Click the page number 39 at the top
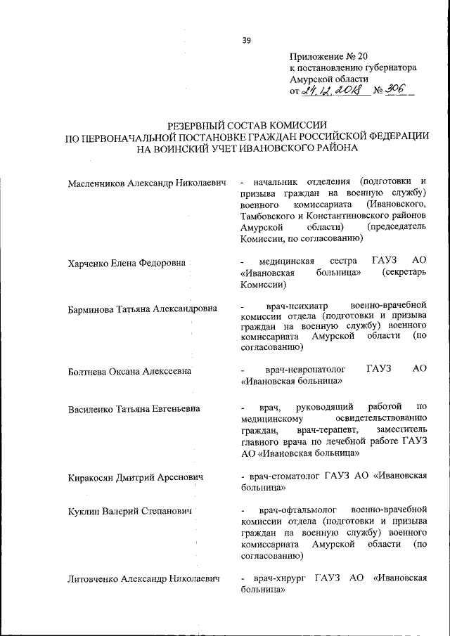click(x=247, y=40)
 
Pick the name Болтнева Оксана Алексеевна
click(x=129, y=370)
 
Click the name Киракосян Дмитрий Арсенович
click(x=135, y=477)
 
